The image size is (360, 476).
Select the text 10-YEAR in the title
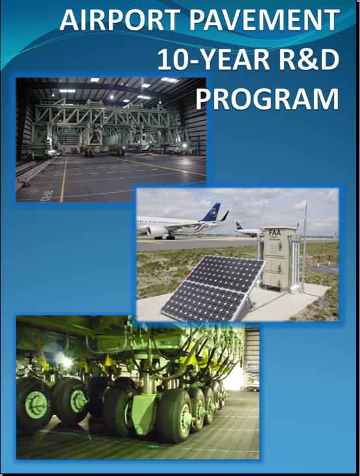click(x=213, y=59)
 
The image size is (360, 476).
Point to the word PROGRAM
click(x=267, y=99)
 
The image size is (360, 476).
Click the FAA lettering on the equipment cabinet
click(x=275, y=233)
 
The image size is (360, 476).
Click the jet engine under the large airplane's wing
click(x=156, y=232)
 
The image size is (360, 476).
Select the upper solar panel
click(x=226, y=274)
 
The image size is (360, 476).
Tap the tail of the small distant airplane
click(x=239, y=226)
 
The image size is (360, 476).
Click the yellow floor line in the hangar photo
click(x=64, y=180)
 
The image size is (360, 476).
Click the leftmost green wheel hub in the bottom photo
click(x=36, y=405)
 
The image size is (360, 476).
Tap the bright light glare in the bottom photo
click(x=66, y=361)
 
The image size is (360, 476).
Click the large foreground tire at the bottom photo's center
click(x=174, y=415)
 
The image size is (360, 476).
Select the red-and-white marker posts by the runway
click(x=324, y=261)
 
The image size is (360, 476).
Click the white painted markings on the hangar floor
click(x=48, y=195)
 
